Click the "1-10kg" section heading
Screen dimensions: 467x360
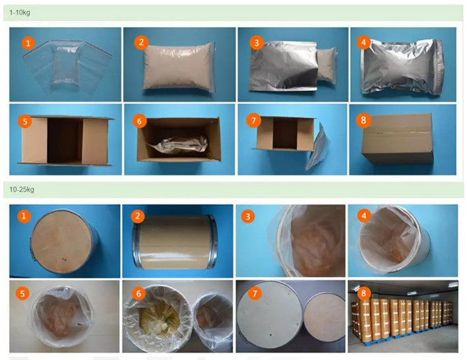coord(20,13)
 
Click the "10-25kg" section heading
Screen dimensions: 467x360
coord(22,190)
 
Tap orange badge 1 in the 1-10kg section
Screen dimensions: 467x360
coord(28,43)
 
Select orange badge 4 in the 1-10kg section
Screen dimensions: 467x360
coord(363,43)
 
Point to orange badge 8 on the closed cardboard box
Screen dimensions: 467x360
coord(363,120)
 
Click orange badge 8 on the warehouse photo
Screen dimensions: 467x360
coord(363,293)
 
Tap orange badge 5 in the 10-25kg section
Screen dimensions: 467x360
coord(22,294)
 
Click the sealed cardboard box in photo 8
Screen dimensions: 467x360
coord(398,139)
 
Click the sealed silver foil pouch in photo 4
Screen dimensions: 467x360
coord(402,67)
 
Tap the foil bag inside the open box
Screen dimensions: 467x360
coord(179,146)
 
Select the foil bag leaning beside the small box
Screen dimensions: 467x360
coord(318,146)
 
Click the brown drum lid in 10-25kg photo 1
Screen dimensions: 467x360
coord(61,241)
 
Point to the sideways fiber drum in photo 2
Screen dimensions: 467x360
coord(175,242)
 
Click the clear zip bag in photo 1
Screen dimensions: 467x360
coord(67,67)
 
